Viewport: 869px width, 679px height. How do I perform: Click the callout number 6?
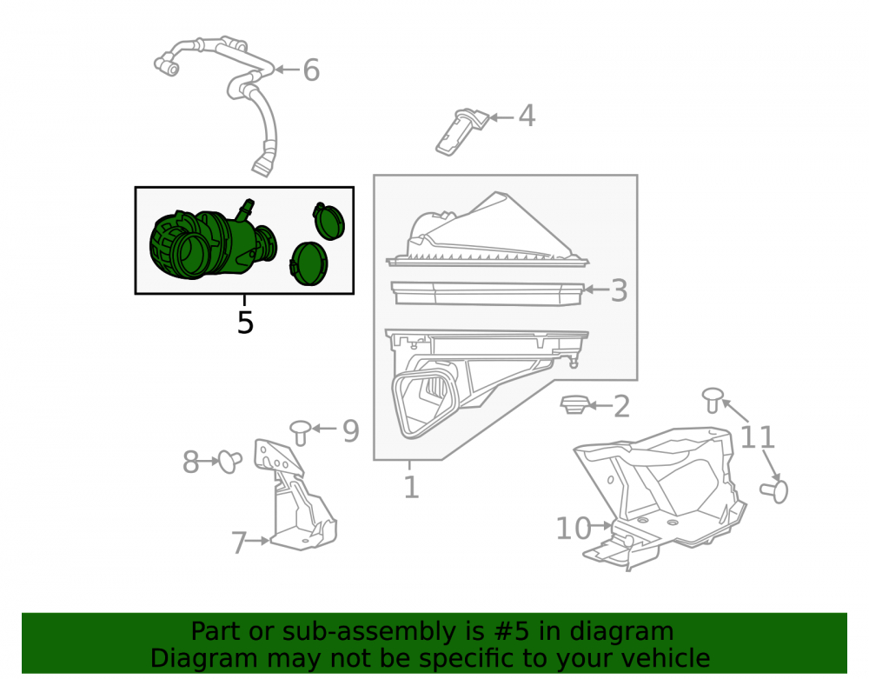(x=311, y=70)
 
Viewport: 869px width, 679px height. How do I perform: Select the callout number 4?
(x=527, y=116)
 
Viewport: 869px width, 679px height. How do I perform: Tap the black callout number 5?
(x=245, y=323)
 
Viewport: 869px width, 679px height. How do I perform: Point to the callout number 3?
(x=619, y=290)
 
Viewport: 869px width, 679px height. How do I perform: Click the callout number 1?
(x=411, y=488)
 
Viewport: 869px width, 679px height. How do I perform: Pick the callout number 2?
(x=622, y=407)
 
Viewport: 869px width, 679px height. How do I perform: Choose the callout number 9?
(x=351, y=430)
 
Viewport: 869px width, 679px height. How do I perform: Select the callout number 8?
(x=190, y=463)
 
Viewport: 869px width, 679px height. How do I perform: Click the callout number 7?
(x=239, y=543)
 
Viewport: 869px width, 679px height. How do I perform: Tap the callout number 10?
(x=574, y=529)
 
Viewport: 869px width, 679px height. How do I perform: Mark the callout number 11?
(x=757, y=437)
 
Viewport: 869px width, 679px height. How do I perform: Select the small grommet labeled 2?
(x=574, y=405)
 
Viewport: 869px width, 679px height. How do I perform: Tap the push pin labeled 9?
(x=301, y=432)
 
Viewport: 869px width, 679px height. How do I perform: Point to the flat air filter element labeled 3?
(x=488, y=293)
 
